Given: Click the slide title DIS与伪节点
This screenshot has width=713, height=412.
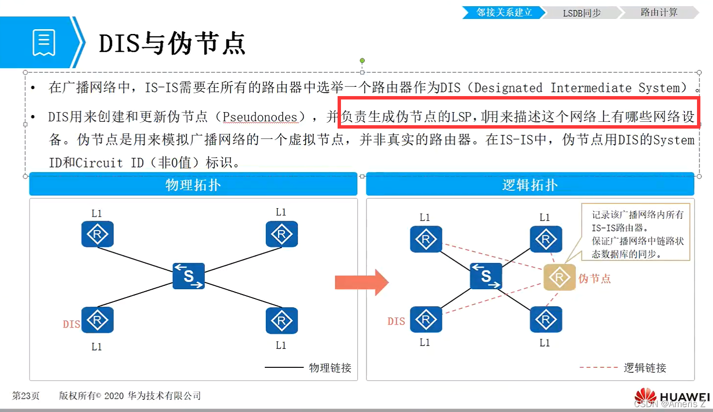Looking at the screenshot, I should [x=172, y=43].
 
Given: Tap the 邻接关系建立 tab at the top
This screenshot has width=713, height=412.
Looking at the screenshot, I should [x=504, y=13].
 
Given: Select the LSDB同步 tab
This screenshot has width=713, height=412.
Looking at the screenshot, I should [x=582, y=13].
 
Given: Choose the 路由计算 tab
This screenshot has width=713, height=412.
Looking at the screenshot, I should [x=659, y=13].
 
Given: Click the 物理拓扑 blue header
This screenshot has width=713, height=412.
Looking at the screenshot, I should [x=193, y=185].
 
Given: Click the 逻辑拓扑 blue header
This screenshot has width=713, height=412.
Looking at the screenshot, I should [x=530, y=185].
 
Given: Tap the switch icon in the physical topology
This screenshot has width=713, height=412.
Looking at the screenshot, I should [x=189, y=276].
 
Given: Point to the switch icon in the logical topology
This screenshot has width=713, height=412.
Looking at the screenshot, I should [x=486, y=276].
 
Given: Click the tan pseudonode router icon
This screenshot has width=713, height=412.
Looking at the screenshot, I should [x=559, y=278].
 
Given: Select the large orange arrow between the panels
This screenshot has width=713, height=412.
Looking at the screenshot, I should [x=361, y=282].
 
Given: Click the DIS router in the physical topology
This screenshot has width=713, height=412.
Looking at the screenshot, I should [x=97, y=320].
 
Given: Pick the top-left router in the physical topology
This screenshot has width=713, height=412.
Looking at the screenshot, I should [x=97, y=234].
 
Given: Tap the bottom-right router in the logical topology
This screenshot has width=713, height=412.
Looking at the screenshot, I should [x=546, y=320].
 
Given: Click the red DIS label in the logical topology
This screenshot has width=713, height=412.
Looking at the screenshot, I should [x=396, y=321].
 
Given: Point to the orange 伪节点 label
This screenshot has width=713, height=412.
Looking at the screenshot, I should [x=594, y=279].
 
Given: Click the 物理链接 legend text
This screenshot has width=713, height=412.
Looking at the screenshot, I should [x=330, y=368].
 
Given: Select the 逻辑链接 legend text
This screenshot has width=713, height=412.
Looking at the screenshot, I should [x=645, y=368].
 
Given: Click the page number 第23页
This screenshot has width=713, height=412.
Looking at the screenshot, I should [x=26, y=396].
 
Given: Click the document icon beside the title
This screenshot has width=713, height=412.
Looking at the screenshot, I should [x=44, y=43].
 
